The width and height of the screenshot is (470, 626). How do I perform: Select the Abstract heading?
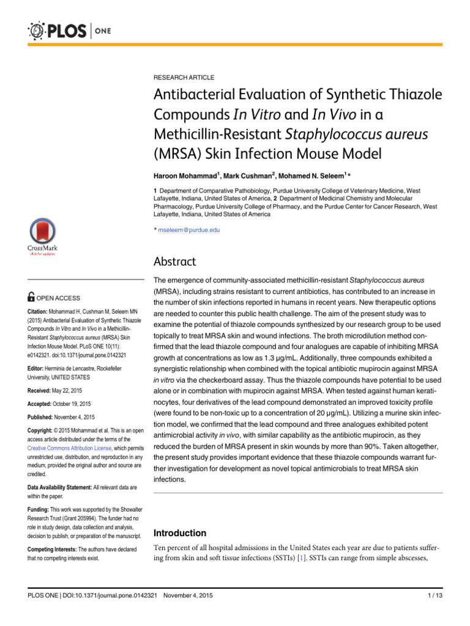(x=174, y=262)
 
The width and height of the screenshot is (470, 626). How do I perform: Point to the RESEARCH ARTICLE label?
(x=183, y=78)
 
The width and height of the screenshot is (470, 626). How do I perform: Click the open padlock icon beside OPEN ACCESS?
(x=31, y=297)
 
